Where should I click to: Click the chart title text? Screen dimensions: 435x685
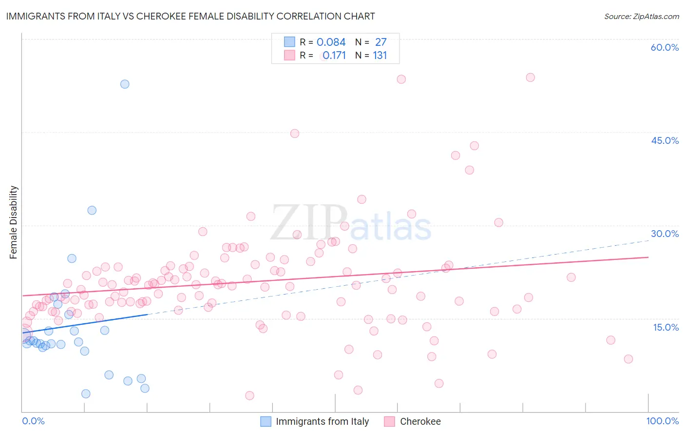coord(190,16)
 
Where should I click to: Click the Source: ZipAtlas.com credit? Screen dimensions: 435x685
coord(641,16)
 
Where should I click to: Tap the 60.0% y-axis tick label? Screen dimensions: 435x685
coord(665,47)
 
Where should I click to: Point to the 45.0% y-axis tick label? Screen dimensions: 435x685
coord(665,140)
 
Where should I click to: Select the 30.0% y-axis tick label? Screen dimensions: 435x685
coord(665,234)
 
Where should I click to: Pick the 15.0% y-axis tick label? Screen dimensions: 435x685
coord(666,327)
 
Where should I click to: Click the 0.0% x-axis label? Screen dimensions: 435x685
coord(33,421)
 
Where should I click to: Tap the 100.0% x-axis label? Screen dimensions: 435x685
coord(662,421)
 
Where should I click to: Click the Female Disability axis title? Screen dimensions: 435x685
coord(14,222)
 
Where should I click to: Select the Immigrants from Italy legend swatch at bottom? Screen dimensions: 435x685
coord(266,421)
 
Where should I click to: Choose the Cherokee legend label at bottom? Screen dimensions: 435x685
coord(420,421)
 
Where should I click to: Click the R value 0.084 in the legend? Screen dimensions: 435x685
coord(331,42)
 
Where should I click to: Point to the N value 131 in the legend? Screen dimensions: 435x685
coord(380,56)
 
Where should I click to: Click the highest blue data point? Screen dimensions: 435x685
coord(125,84)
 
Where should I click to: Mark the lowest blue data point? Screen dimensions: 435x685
coord(86,394)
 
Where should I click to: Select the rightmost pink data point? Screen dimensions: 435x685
coord(628,359)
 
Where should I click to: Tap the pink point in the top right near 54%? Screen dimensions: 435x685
coord(530,78)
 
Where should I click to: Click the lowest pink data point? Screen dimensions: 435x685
coord(249,395)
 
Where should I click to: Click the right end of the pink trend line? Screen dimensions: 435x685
coord(648,257)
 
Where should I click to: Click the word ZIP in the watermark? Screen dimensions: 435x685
coord(308,223)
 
